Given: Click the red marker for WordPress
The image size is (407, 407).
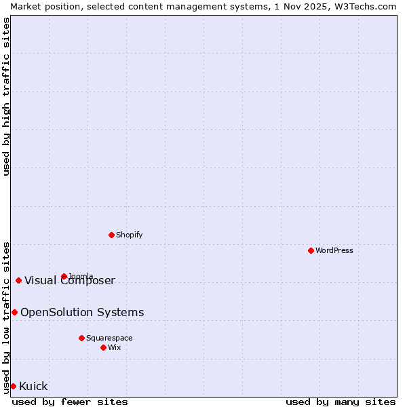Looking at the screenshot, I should point(311,250).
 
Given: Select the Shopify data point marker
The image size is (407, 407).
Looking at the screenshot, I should point(111,235).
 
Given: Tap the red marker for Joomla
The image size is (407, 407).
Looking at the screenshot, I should point(64,276).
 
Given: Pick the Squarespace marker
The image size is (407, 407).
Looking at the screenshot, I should point(81,338).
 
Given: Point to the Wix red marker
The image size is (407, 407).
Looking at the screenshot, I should point(103,347).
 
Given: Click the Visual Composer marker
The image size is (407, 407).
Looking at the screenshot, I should point(18,280).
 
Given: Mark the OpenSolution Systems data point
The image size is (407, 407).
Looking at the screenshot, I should point(14,312).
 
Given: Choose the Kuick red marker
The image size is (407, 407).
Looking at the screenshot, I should point(13,386).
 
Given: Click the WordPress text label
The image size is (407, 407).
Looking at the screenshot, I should point(334,250).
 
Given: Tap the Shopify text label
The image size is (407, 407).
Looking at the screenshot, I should point(130,235).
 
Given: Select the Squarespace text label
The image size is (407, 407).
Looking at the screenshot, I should point(109,338).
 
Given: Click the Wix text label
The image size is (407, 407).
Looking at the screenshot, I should point(115,347).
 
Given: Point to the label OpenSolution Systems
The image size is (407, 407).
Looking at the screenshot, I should point(82,312).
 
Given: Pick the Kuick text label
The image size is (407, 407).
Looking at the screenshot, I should point(34,386).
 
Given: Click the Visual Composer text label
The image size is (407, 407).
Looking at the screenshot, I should point(70,281).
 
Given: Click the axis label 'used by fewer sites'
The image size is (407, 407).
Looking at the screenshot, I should point(70,402).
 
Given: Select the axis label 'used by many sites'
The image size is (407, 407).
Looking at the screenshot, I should point(341,402).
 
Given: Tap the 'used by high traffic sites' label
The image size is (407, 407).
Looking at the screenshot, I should point(7,97).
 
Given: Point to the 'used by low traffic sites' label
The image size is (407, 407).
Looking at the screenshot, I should point(7,317).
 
